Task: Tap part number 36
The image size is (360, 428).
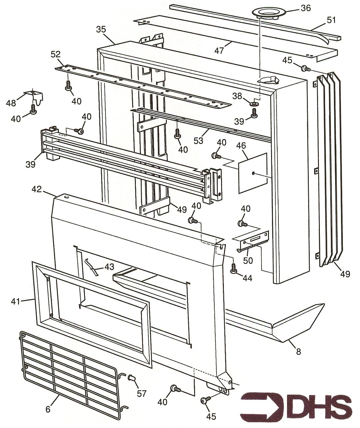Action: coord(305,8)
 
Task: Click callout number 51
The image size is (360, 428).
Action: coord(331,21)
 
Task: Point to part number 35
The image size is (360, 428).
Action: coord(101,29)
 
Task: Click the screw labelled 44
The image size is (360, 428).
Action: coord(233,268)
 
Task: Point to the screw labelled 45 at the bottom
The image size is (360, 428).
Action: coord(204,401)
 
